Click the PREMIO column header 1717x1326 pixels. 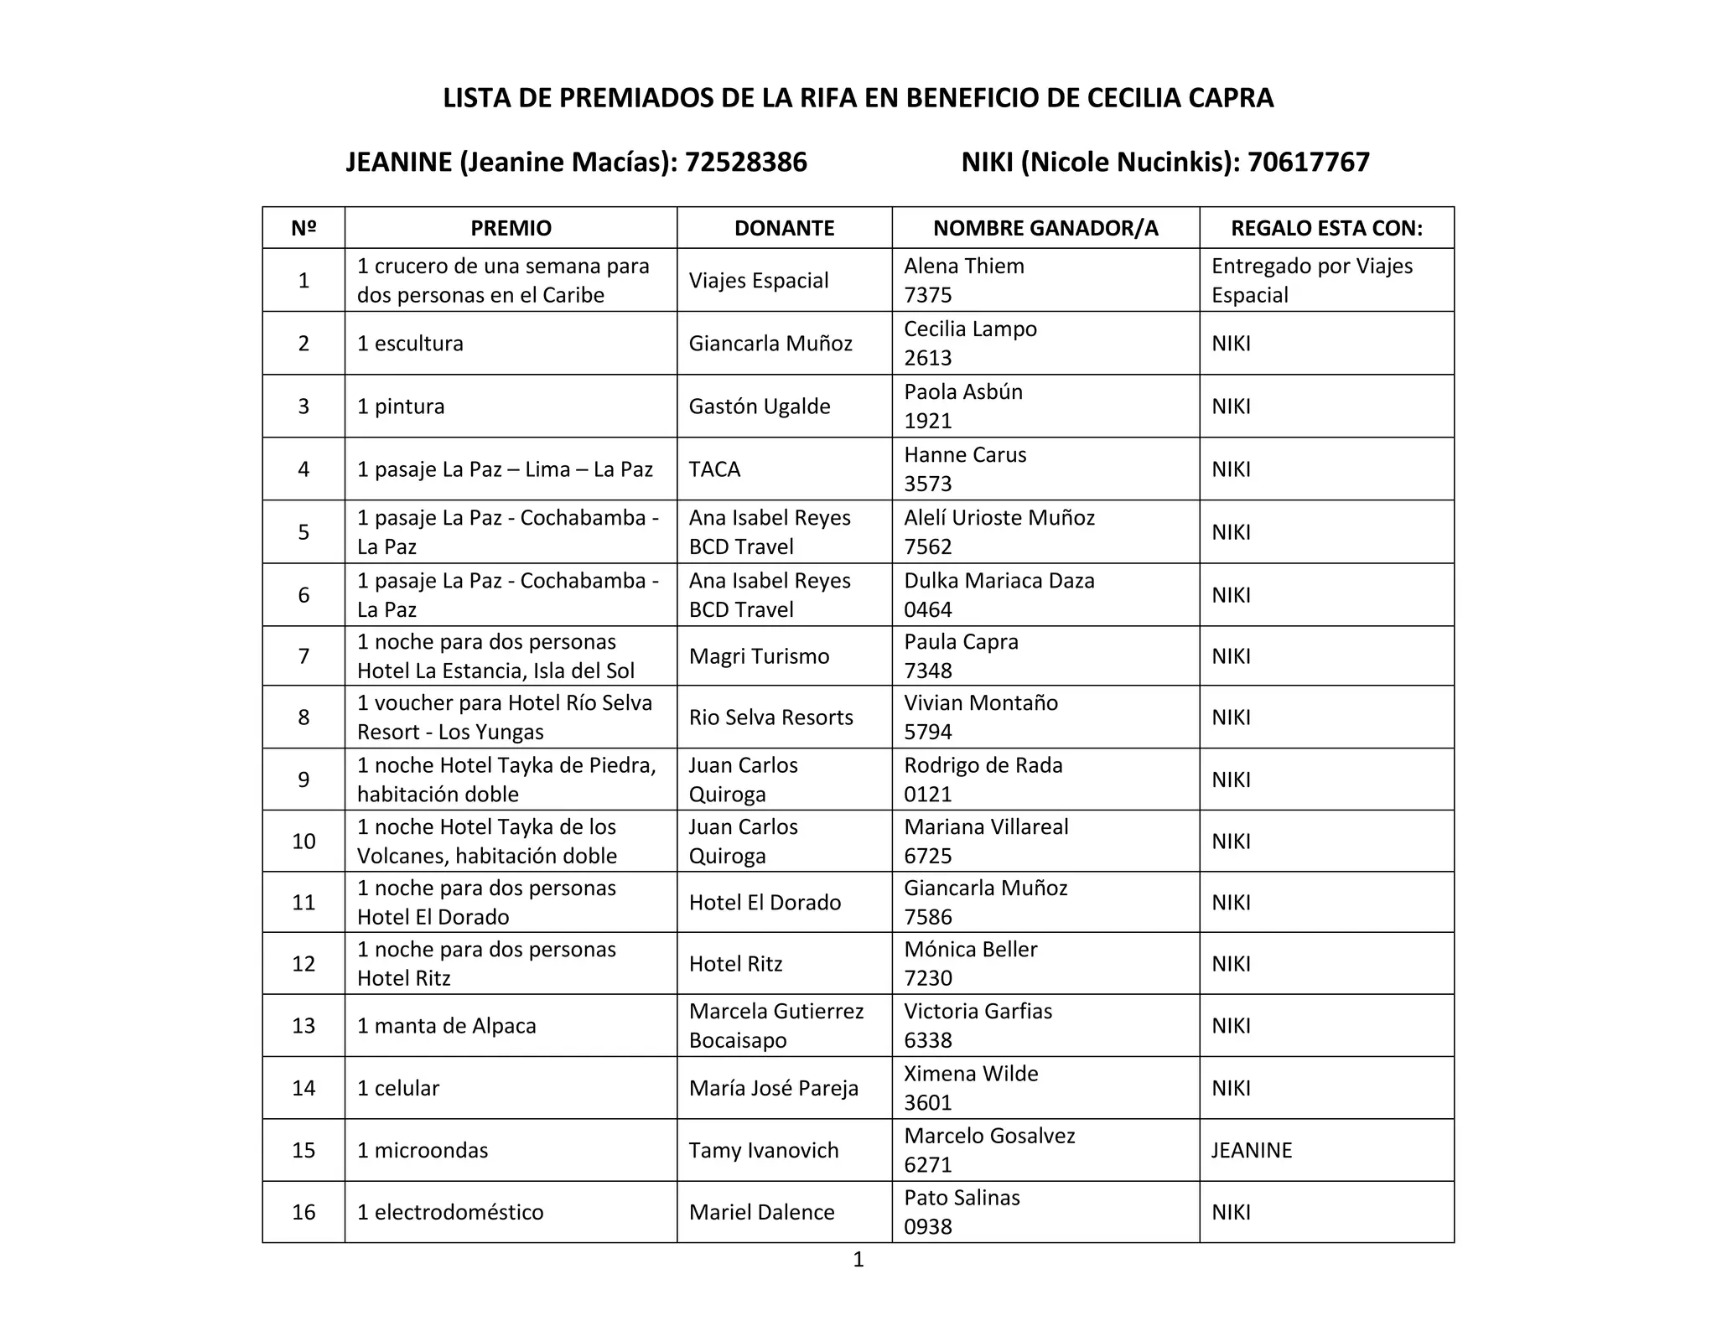(x=511, y=228)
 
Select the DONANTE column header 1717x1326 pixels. (x=784, y=228)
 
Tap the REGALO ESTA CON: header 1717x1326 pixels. (x=1326, y=228)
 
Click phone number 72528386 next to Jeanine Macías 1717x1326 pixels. (x=745, y=162)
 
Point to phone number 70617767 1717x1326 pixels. (x=1308, y=162)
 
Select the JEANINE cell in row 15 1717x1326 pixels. (x=1252, y=1150)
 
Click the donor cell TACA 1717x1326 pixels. (x=714, y=469)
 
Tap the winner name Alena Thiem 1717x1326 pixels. (x=964, y=266)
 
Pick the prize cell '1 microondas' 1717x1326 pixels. (x=423, y=1150)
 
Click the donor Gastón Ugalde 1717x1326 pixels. (x=760, y=406)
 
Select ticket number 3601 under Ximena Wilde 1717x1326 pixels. (x=928, y=1102)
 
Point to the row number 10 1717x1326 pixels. (x=303, y=841)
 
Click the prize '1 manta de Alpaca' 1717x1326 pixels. (x=446, y=1025)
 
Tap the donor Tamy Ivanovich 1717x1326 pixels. (x=764, y=1150)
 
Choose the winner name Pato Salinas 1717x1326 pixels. (x=962, y=1197)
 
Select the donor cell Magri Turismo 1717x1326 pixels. (x=759, y=655)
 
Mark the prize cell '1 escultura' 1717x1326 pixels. (x=410, y=343)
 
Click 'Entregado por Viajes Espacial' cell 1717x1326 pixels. (x=1312, y=280)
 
